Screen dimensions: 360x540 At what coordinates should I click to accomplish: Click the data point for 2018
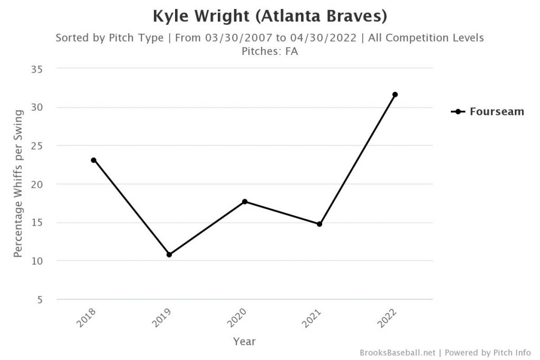pyautogui.click(x=94, y=160)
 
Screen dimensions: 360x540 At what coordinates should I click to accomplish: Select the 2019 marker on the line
pyautogui.click(x=169, y=255)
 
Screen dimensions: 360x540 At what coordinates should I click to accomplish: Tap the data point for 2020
pyautogui.click(x=245, y=201)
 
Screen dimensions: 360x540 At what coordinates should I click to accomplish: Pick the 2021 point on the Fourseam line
pyautogui.click(x=320, y=224)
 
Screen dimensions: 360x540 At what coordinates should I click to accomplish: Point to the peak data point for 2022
pyautogui.click(x=395, y=94)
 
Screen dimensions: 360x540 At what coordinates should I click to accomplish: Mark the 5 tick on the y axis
pyautogui.click(x=40, y=299)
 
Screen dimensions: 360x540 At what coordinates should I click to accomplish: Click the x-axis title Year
pyautogui.click(x=244, y=342)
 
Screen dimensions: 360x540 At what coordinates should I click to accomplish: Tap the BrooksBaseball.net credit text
pyautogui.click(x=398, y=352)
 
